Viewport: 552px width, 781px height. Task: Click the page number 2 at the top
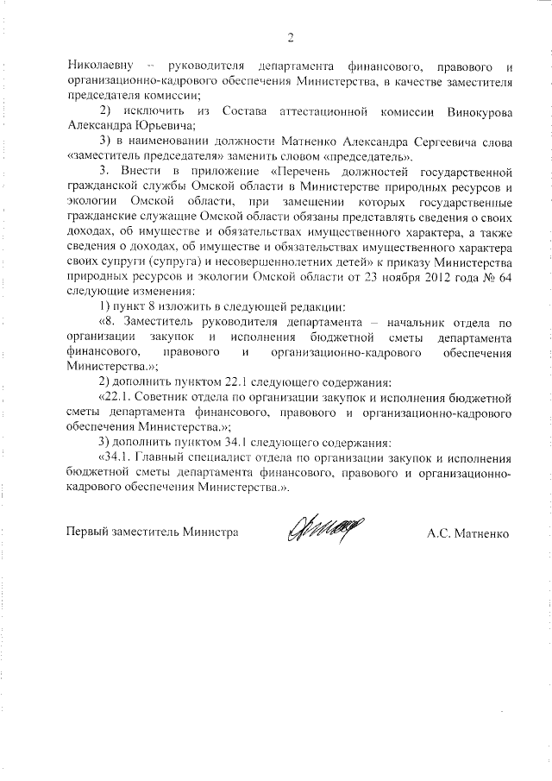291,37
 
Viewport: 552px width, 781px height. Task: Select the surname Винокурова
481,112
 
